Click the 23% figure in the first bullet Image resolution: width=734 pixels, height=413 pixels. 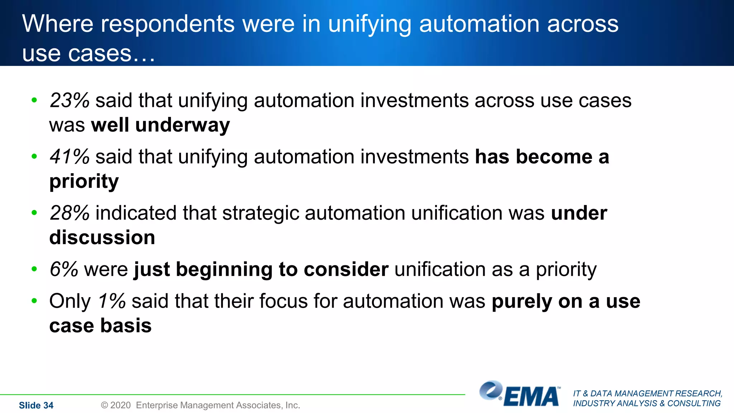coord(70,100)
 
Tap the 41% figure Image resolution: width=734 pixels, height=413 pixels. coord(70,157)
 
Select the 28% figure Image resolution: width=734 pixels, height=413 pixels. coord(70,213)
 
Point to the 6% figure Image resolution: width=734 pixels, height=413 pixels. coord(64,269)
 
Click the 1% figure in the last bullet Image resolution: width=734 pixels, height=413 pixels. coord(112,301)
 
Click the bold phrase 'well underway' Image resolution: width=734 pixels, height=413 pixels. coord(161,125)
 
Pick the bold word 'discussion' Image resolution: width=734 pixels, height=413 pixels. coord(102,238)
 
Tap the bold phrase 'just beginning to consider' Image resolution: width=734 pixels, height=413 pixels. coord(261,270)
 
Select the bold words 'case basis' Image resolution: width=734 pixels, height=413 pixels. coord(100,326)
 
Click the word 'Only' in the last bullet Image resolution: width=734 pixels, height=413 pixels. coord(70,301)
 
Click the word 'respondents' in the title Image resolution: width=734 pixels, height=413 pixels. coord(168,24)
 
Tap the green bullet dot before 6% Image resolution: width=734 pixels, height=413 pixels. coord(34,269)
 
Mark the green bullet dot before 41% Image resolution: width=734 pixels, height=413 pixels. coord(34,156)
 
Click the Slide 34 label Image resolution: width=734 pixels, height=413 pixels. coord(36,405)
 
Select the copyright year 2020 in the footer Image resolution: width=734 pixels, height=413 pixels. coord(120,405)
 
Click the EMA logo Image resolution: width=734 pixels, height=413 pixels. coord(520,394)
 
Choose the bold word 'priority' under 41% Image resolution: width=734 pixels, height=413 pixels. coord(84,182)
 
